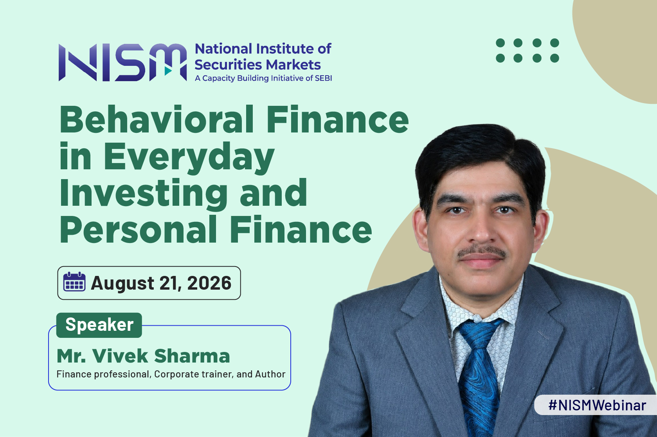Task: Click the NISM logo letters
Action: point(122,62)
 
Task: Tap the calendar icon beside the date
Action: point(74,282)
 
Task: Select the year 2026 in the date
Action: point(209,283)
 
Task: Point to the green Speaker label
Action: point(99,325)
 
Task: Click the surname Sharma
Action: point(192,356)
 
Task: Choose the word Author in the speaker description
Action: point(270,374)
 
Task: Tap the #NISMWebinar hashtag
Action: point(597,405)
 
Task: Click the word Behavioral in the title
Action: point(157,120)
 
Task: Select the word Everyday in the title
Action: point(189,158)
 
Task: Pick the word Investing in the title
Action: point(144,194)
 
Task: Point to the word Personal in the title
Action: point(138,229)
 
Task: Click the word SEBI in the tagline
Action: point(323,78)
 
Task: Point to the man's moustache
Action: point(482,251)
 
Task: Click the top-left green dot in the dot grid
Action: point(500,43)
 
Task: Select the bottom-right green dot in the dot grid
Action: point(554,58)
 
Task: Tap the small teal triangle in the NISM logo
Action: point(168,71)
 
